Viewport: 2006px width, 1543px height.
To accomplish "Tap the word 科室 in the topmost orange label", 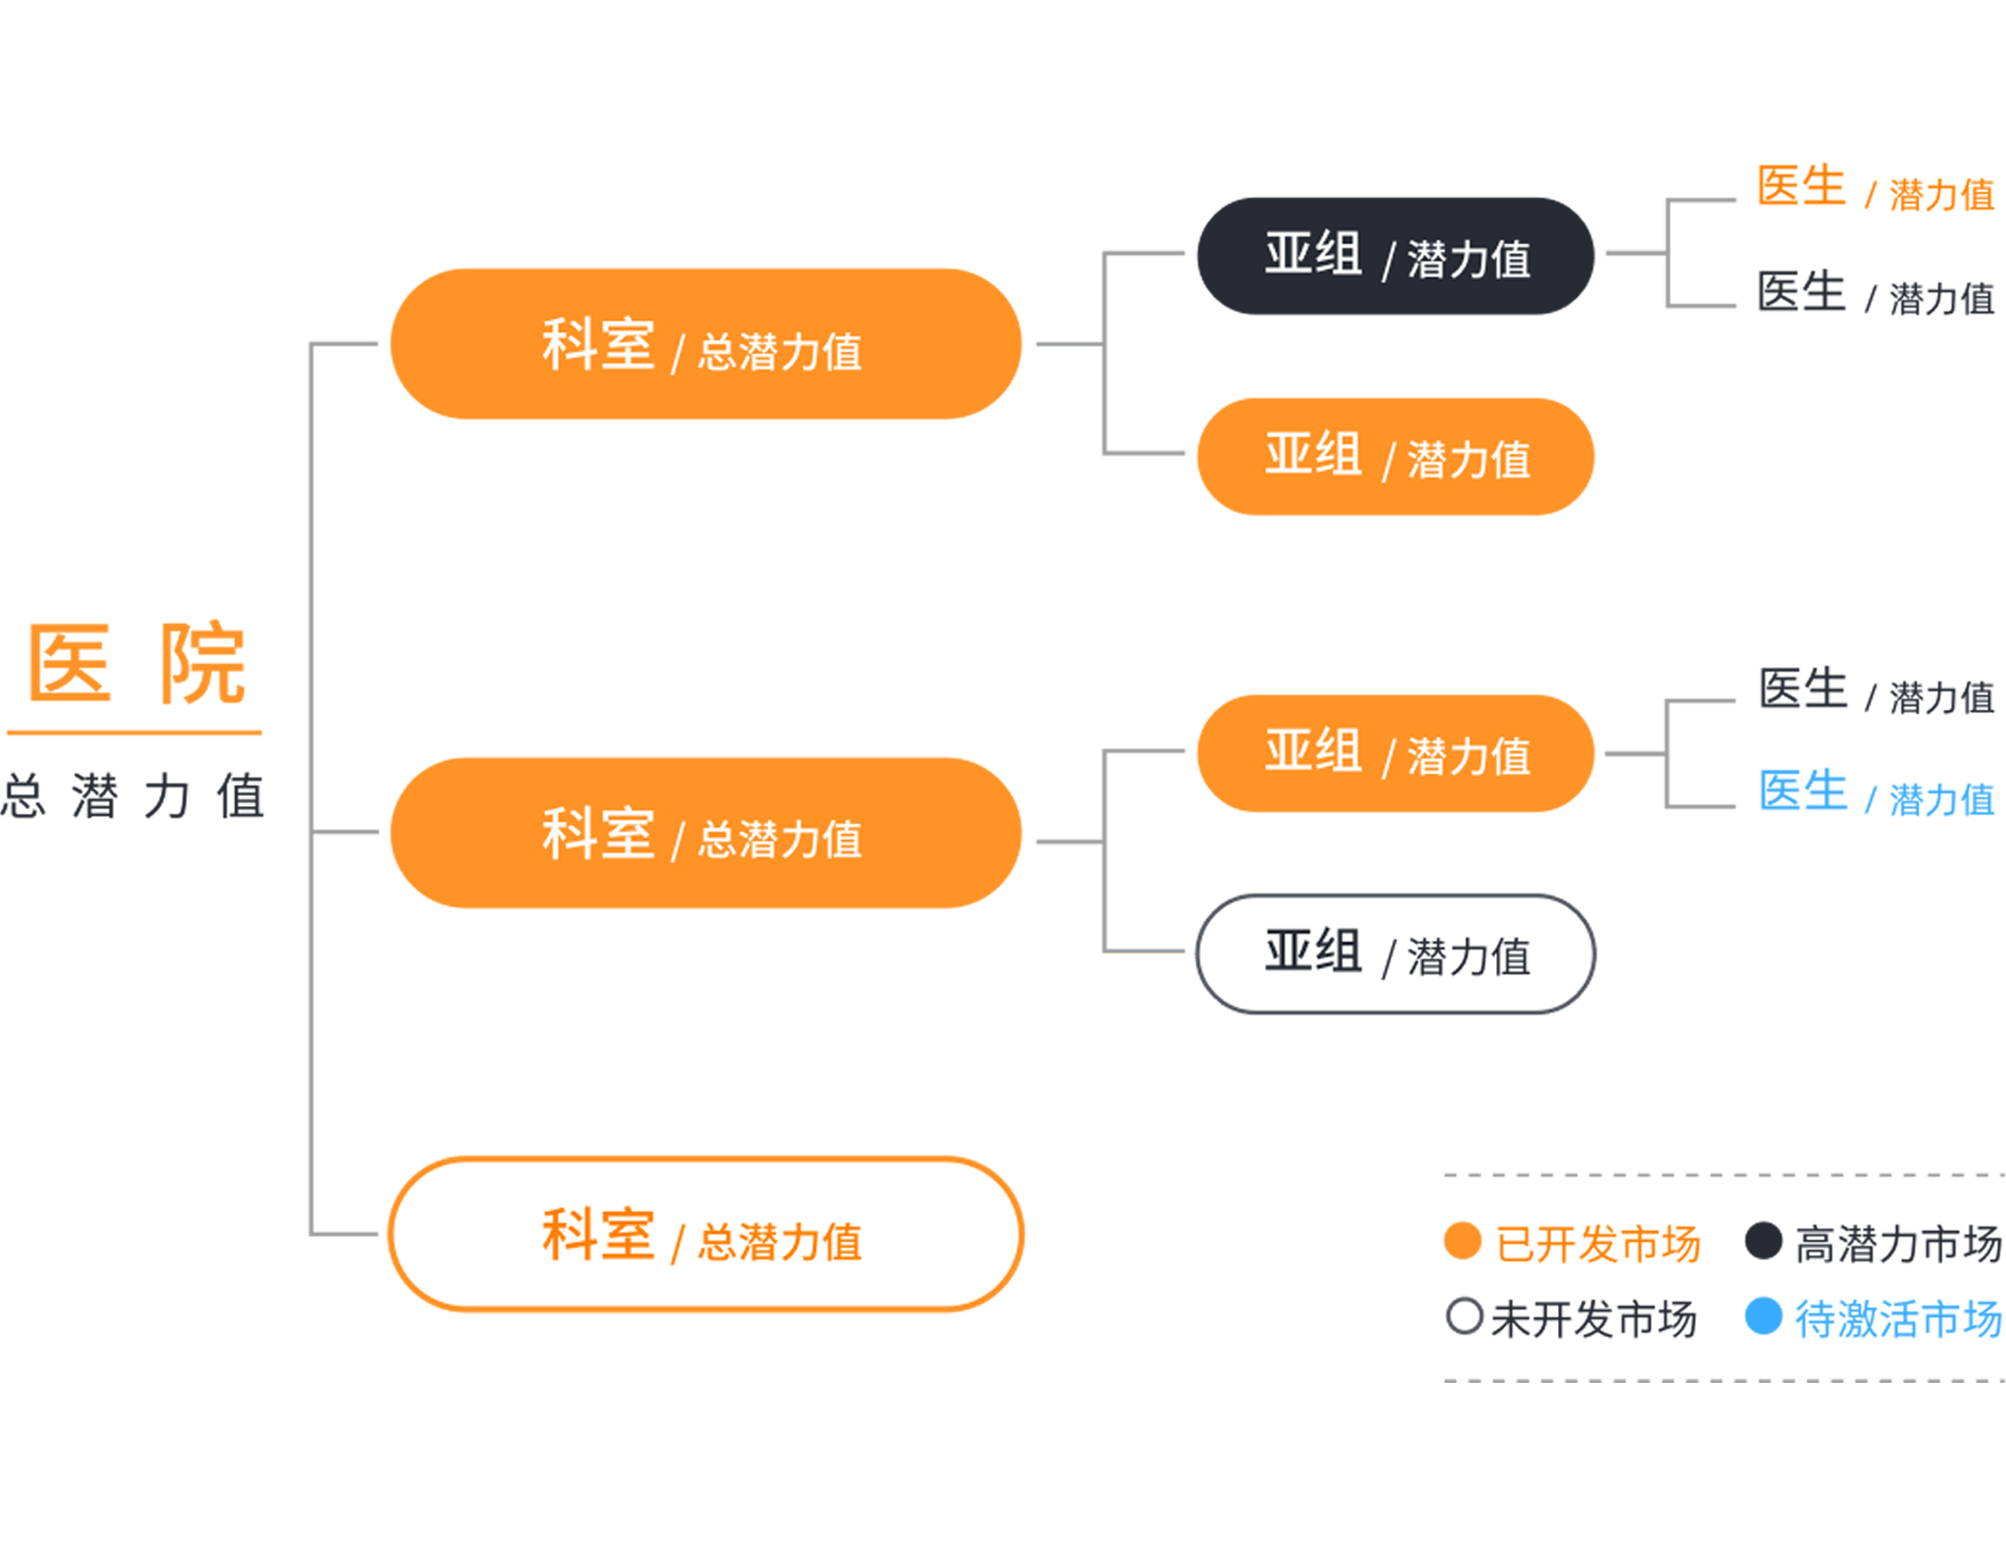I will (598, 345).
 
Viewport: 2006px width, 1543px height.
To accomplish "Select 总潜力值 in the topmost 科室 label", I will (779, 353).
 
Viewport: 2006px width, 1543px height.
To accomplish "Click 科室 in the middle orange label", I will (598, 834).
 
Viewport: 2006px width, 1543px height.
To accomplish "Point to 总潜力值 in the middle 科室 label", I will (779, 840).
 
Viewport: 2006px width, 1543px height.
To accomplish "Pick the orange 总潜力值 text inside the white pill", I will (779, 1242).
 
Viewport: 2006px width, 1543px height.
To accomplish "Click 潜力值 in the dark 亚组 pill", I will (1468, 259).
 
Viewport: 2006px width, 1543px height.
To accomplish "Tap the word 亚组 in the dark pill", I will (1313, 255).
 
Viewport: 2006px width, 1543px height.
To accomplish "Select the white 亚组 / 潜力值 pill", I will (1395, 954).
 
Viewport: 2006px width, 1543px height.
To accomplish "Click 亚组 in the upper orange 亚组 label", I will (1313, 454).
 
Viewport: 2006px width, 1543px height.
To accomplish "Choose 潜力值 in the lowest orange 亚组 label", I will (1468, 756).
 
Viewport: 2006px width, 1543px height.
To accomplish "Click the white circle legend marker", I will (1464, 1315).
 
